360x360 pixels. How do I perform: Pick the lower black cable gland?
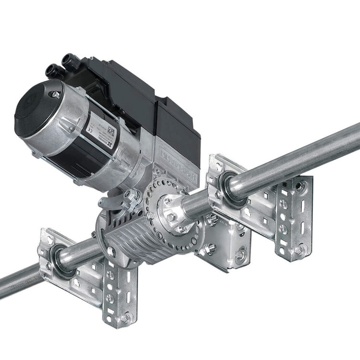(x=52, y=71)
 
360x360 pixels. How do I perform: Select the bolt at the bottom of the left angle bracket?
(x=125, y=317)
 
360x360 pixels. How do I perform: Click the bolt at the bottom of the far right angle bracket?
(x=299, y=250)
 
